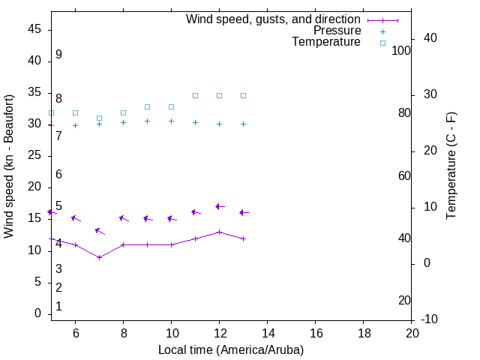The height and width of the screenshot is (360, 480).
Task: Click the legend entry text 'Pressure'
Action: click(337, 31)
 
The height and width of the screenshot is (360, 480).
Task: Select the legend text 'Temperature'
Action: click(326, 42)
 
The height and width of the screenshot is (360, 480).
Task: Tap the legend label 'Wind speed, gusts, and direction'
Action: click(273, 19)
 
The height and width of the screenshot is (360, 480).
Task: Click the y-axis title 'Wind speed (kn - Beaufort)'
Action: click(9, 166)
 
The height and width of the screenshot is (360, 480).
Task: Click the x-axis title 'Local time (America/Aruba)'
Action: click(231, 349)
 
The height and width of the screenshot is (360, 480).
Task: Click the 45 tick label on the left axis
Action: click(34, 29)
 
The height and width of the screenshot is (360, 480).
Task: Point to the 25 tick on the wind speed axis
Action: click(34, 156)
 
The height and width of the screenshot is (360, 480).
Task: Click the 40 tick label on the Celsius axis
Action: click(430, 38)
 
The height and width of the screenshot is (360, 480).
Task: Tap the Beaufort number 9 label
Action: click(58, 55)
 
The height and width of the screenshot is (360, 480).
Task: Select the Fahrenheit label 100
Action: click(401, 50)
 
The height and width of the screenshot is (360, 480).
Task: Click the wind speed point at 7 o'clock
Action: click(99, 257)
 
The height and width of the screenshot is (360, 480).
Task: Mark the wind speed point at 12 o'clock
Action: click(219, 232)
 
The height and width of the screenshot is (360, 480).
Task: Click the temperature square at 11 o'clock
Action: click(195, 95)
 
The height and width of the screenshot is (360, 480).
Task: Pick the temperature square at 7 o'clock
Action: click(99, 118)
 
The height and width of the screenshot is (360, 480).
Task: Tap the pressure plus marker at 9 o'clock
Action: click(147, 121)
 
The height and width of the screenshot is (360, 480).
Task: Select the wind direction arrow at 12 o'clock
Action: click(219, 206)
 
